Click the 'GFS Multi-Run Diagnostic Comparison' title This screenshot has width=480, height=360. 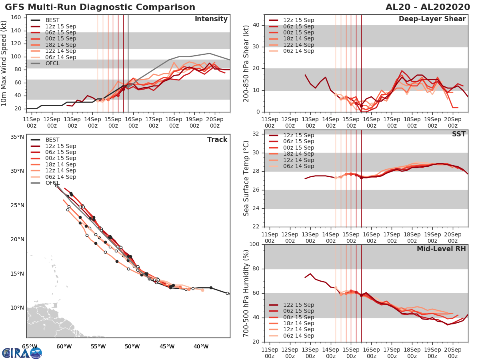coord(100,7)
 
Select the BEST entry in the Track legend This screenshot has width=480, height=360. coord(52,140)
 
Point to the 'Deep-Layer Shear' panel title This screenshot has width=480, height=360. coord(432,19)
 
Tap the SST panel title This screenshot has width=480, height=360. coord(459,134)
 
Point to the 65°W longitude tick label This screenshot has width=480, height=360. coord(30,346)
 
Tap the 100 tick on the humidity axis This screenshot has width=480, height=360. coord(255,244)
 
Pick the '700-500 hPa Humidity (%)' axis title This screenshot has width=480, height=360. coord(246,293)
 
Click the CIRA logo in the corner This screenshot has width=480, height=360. coord(22,353)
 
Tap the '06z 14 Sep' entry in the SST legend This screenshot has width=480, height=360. coord(297,166)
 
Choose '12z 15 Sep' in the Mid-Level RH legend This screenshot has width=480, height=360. coord(297,305)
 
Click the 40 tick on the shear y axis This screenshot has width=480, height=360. coord(256,25)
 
